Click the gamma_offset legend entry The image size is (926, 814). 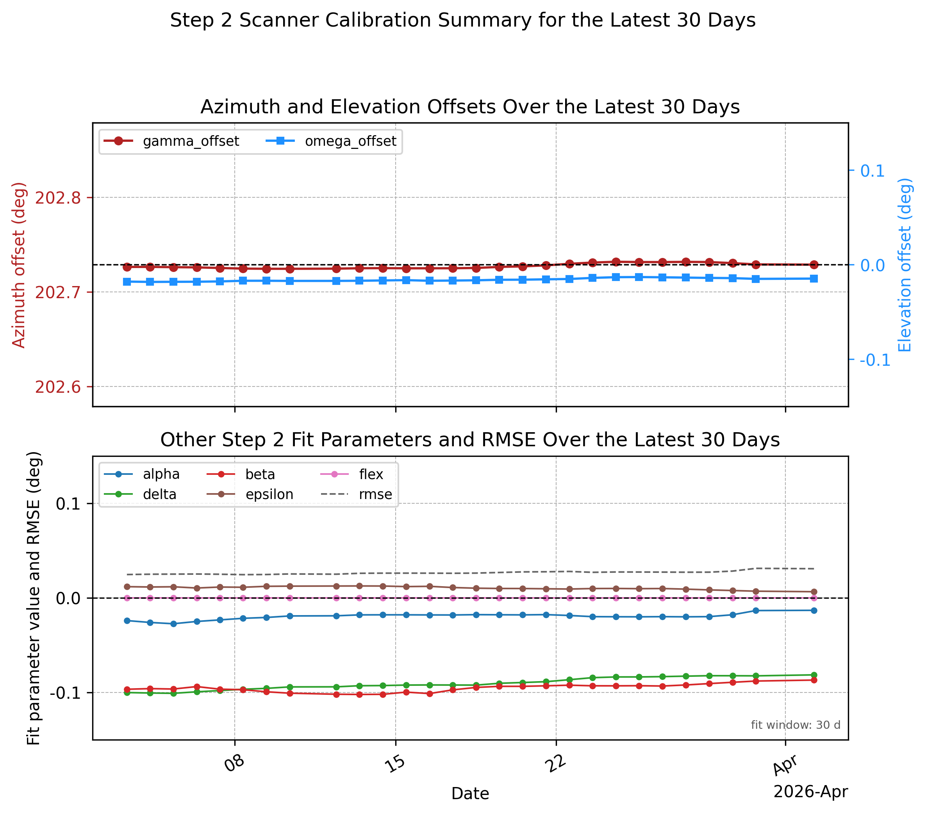tap(171, 141)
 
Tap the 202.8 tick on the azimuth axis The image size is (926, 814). tap(58, 198)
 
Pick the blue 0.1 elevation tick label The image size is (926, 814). tap(872, 171)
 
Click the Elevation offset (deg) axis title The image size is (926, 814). tap(905, 265)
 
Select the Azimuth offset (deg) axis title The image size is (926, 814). tap(19, 265)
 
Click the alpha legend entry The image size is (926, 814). tap(142, 474)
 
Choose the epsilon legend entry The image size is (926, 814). tap(250, 494)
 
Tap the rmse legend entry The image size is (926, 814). tap(357, 494)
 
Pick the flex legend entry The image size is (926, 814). tap(352, 474)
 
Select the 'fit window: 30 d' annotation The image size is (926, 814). tap(796, 725)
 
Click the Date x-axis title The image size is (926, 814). tap(470, 794)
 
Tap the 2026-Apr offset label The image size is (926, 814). tap(810, 792)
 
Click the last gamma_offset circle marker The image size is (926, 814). tap(814, 265)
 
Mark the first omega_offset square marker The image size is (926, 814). tap(127, 282)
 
